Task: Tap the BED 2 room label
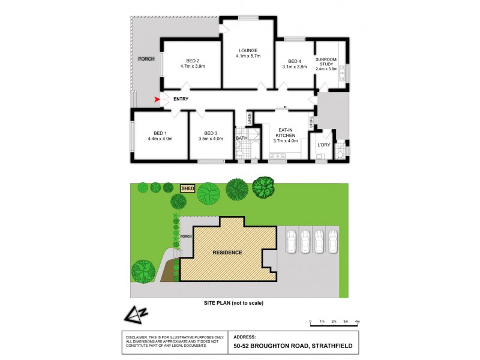pos(192,61)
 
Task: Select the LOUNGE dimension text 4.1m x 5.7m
pos(247,56)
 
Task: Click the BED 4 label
pos(294,61)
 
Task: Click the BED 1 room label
pos(160,133)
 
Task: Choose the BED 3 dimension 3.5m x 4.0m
pos(210,139)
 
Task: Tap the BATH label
pos(241,138)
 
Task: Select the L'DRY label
pos(324,145)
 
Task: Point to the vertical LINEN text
pos(248,118)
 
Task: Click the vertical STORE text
pos(311,122)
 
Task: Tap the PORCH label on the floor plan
pos(146,59)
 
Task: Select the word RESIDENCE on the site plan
pos(227,253)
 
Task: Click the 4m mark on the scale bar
pos(357,322)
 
